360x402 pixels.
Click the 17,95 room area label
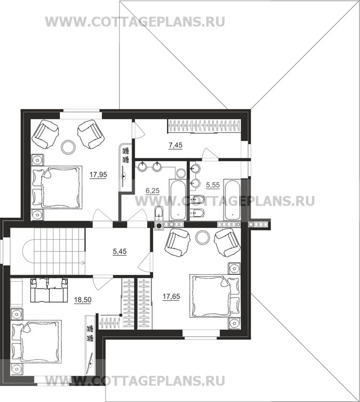[x=98, y=175]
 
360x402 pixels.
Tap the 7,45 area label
[x=175, y=146]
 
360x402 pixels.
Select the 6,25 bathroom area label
[x=152, y=191]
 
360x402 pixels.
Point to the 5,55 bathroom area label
[x=213, y=185]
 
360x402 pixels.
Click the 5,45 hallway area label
[x=120, y=252]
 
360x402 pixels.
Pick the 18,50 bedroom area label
[x=82, y=299]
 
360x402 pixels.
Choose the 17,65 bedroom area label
[x=171, y=297]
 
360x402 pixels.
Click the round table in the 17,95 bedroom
[x=68, y=147]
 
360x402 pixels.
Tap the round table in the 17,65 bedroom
[x=202, y=238]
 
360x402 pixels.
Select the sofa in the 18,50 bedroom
[x=49, y=290]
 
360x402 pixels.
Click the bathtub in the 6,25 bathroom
[x=178, y=200]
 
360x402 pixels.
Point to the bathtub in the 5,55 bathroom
[x=232, y=200]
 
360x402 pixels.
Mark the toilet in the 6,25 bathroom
[x=159, y=213]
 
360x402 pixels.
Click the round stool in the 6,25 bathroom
[x=181, y=173]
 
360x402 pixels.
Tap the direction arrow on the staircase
[x=82, y=262]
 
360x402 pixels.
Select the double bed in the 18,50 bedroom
[x=36, y=341]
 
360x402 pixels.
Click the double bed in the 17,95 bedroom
[x=57, y=187]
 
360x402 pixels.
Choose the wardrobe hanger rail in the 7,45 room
[x=204, y=126]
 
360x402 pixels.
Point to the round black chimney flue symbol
[x=159, y=225]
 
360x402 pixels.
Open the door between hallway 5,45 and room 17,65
[x=145, y=262]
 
